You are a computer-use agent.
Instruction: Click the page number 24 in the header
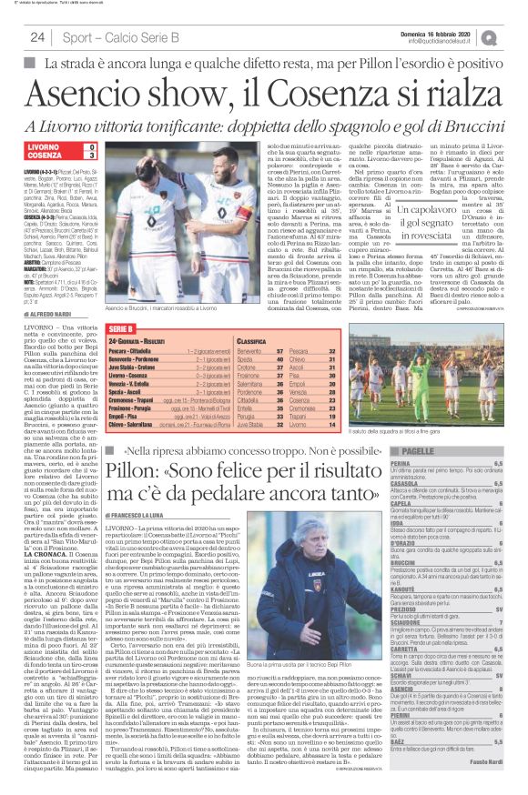(x=37, y=37)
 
